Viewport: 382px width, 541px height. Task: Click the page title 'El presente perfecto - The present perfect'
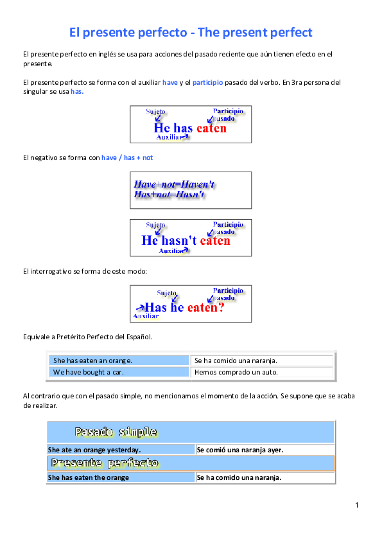(191, 32)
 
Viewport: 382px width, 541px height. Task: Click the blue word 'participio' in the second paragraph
(207, 82)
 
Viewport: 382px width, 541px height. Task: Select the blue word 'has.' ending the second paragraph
(77, 91)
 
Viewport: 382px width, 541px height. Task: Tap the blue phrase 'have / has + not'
(127, 157)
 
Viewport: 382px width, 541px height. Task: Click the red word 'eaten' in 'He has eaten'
(211, 128)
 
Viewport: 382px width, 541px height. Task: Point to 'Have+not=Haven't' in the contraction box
(174, 184)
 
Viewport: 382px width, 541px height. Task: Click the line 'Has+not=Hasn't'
(169, 194)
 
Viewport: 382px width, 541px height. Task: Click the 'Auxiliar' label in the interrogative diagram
(146, 316)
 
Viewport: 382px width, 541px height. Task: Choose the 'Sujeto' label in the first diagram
(156, 112)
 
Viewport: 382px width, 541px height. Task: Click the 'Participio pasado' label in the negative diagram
(228, 227)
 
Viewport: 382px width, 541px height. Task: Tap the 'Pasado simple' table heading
(116, 432)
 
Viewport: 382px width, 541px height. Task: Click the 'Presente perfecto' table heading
(105, 463)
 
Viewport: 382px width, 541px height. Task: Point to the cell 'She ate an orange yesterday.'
(94, 450)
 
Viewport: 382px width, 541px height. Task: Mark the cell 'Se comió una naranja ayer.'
(239, 450)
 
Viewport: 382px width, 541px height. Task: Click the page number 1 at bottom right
(356, 506)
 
